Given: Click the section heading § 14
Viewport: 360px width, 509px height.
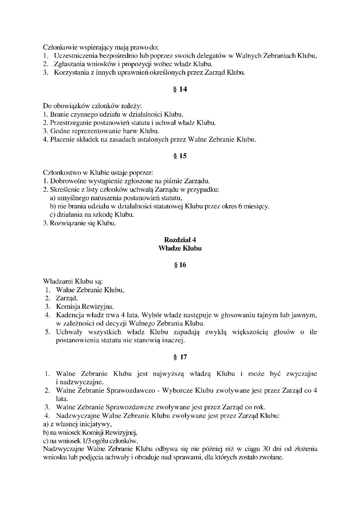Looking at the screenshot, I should [x=180, y=89].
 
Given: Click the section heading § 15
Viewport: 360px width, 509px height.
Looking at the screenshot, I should [x=180, y=156].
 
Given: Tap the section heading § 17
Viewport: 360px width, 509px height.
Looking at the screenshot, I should [x=180, y=357].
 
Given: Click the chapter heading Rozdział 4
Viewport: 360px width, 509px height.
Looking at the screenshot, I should [x=180, y=240].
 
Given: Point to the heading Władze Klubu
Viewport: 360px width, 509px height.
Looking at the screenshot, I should [x=180, y=248].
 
